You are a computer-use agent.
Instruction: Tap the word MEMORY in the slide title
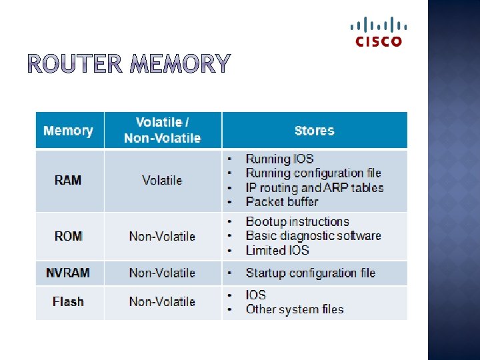[x=180, y=64]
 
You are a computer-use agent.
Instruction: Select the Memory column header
[x=68, y=131]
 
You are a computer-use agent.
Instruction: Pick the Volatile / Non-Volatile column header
[x=162, y=130]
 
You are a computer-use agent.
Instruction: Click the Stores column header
[x=314, y=131]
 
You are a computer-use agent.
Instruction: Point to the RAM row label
[x=68, y=180]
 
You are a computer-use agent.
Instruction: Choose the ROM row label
[x=68, y=236]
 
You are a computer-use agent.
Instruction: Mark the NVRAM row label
[x=68, y=273]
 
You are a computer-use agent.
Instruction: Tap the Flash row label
[x=68, y=301]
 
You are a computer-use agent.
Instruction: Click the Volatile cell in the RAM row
[x=162, y=180]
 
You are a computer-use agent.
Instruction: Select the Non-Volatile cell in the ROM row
[x=162, y=236]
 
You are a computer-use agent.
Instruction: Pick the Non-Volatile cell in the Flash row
[x=162, y=301]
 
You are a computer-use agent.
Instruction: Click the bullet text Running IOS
[x=279, y=159]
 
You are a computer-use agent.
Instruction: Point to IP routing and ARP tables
[x=315, y=187]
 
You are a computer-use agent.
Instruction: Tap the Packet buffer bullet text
[x=282, y=201]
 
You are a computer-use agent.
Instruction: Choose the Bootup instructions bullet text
[x=297, y=221]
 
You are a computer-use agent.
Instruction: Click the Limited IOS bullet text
[x=277, y=250]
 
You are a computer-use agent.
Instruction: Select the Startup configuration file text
[x=310, y=273]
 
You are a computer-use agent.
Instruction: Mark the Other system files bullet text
[x=295, y=309]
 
